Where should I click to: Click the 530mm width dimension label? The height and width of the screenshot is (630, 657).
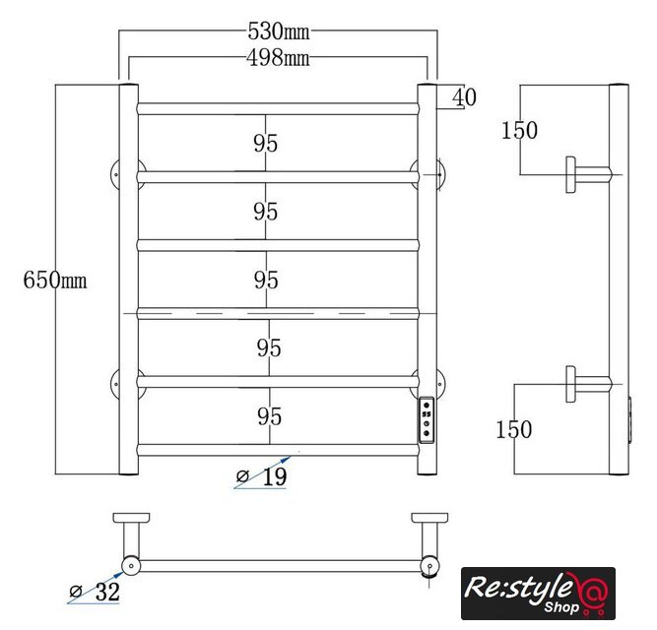(279, 31)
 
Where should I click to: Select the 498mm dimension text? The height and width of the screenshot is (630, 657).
(278, 58)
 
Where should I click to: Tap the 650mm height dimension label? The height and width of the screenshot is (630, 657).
(55, 280)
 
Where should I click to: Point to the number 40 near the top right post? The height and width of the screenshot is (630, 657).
(464, 97)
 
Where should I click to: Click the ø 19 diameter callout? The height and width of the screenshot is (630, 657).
(262, 476)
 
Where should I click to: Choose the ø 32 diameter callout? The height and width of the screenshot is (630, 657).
(95, 592)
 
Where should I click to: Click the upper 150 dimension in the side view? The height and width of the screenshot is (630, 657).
(519, 130)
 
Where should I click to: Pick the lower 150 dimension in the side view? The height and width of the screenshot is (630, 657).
(514, 429)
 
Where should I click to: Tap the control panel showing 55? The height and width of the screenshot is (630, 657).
(427, 420)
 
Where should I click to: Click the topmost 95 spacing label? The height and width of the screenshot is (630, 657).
(265, 143)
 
